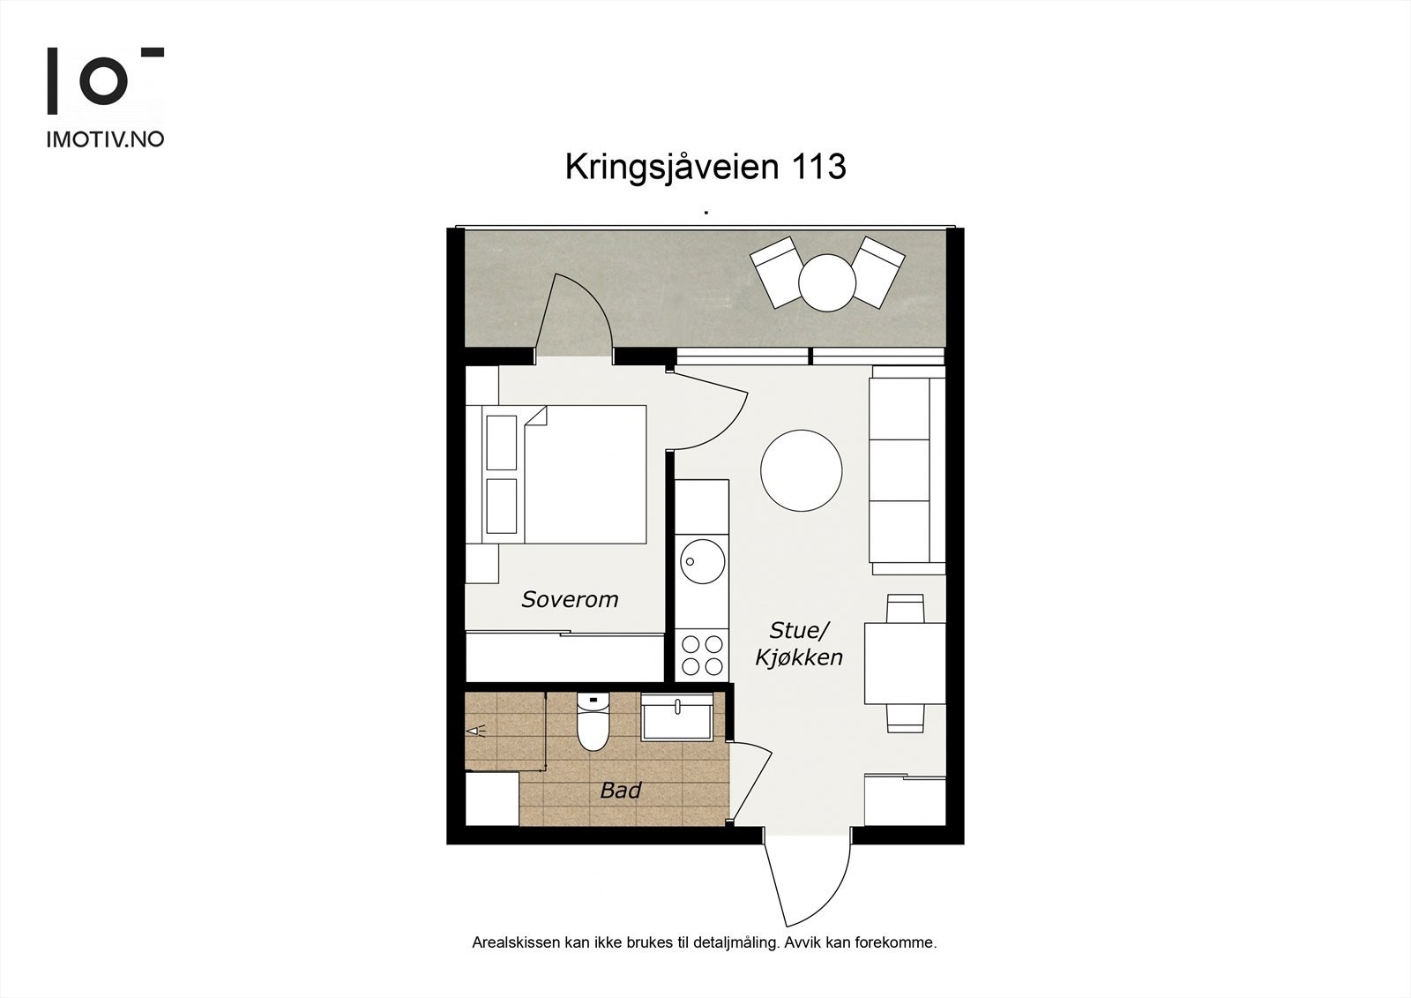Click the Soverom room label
[x=570, y=600]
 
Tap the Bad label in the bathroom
[x=620, y=791]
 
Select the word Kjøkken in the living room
[x=799, y=657]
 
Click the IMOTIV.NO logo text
[x=105, y=139]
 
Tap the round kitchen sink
[x=702, y=559]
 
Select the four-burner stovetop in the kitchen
[x=703, y=654]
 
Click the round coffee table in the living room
[x=801, y=470]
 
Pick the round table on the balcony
[x=827, y=282]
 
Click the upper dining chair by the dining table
[x=906, y=609]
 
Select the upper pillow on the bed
[x=502, y=442]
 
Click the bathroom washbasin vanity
[x=677, y=717]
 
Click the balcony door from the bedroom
[x=573, y=318]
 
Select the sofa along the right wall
[x=907, y=470]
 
